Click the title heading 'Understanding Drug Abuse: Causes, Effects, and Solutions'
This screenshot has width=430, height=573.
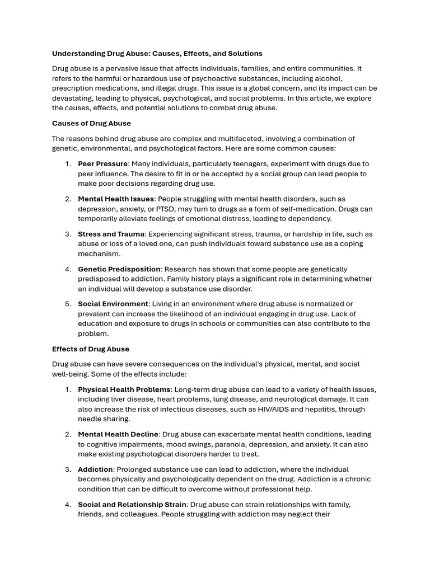(x=157, y=54)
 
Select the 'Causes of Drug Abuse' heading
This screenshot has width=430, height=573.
(x=91, y=123)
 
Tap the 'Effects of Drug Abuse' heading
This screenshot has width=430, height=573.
(x=91, y=349)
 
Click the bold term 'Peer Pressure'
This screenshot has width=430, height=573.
(x=103, y=164)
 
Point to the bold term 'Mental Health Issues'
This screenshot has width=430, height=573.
(x=116, y=199)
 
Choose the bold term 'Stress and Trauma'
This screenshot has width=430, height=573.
(x=111, y=234)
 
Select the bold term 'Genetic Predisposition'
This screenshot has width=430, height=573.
(x=119, y=269)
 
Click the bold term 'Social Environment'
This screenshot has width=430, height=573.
(x=113, y=304)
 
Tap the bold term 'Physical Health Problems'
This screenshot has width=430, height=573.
(x=124, y=389)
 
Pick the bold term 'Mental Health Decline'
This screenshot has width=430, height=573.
(x=118, y=434)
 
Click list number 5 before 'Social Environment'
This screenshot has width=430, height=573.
(x=68, y=304)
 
